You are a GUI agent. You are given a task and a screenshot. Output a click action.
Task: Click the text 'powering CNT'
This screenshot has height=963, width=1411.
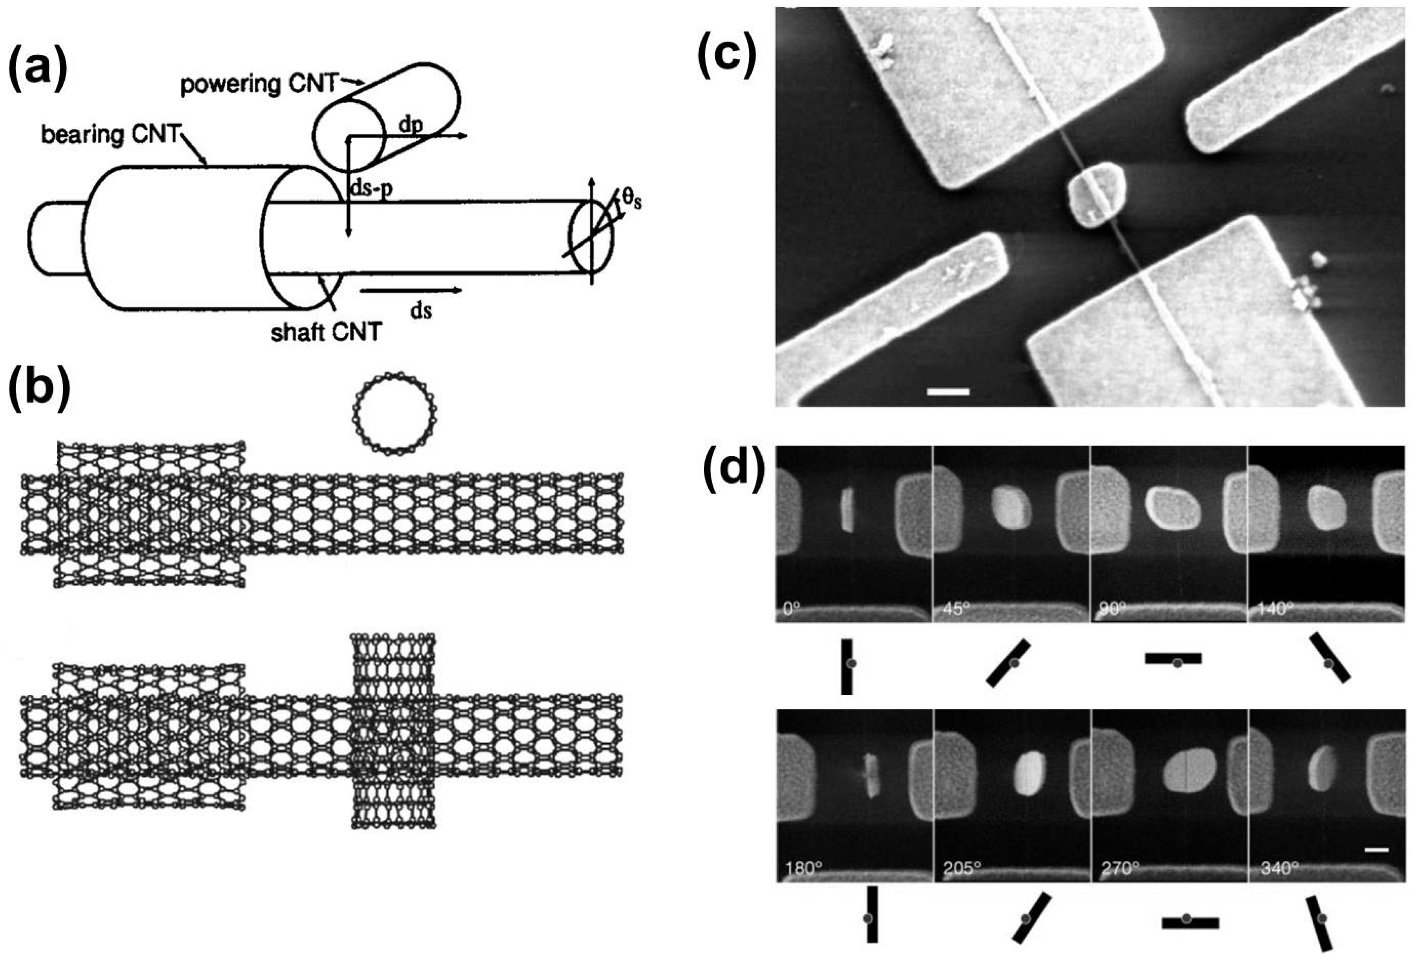pyautogui.click(x=258, y=84)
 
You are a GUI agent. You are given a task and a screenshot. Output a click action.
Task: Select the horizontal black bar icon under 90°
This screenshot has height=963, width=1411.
pyautogui.click(x=1173, y=658)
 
